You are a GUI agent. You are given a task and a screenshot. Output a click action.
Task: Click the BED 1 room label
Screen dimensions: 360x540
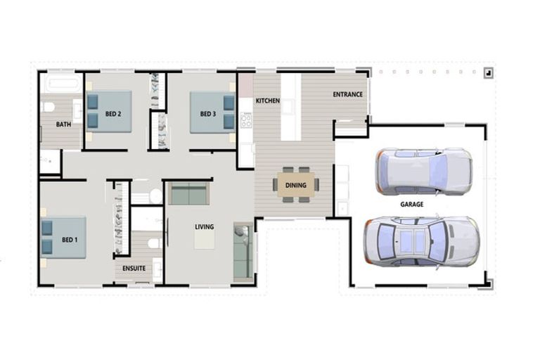(69, 240)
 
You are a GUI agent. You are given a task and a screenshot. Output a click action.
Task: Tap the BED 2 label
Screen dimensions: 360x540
(114, 114)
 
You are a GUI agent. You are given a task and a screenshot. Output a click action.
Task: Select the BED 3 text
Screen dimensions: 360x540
(207, 114)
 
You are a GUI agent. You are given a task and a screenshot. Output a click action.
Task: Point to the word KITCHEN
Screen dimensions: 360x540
(267, 101)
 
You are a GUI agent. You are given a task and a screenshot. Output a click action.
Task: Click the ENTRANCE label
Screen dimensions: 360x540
(347, 94)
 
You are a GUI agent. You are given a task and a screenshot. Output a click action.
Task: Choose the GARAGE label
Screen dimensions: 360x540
(411, 204)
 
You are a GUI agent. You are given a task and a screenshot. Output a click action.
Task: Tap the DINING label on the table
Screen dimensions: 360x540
(295, 186)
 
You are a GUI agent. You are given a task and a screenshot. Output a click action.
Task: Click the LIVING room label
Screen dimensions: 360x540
(205, 226)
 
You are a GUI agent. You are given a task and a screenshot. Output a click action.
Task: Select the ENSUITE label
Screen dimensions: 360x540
(134, 268)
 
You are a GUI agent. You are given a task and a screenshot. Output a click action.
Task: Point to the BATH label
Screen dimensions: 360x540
(63, 124)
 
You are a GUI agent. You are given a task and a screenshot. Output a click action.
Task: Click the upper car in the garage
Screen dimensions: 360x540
(423, 171)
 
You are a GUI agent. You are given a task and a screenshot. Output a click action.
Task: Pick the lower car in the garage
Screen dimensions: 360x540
(421, 240)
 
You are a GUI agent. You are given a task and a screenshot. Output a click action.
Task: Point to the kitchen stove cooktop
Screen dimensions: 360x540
(246, 121)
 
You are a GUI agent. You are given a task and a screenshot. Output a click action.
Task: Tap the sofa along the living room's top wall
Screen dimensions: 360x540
(189, 193)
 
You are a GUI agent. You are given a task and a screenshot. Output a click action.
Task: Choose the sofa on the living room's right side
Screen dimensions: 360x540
(243, 251)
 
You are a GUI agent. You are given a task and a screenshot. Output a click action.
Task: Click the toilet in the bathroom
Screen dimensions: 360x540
(48, 108)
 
